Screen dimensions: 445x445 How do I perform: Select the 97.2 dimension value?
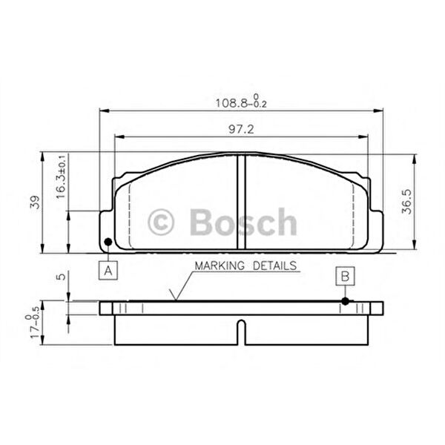pyautogui.click(x=241, y=129)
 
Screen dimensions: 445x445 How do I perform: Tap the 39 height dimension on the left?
pyautogui.click(x=35, y=202)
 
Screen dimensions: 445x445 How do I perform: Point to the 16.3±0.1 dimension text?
pyautogui.click(x=61, y=177)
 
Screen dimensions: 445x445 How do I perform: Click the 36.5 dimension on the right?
pyautogui.click(x=406, y=202)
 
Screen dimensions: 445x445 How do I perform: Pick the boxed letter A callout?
pyautogui.click(x=108, y=270)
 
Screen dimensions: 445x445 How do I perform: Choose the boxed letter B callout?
pyautogui.click(x=345, y=276)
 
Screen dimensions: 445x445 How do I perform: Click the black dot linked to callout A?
pyautogui.click(x=108, y=242)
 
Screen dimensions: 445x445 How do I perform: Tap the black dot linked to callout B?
pyautogui.click(x=345, y=301)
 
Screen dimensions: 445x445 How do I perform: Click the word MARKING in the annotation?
pyautogui.click(x=220, y=266)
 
